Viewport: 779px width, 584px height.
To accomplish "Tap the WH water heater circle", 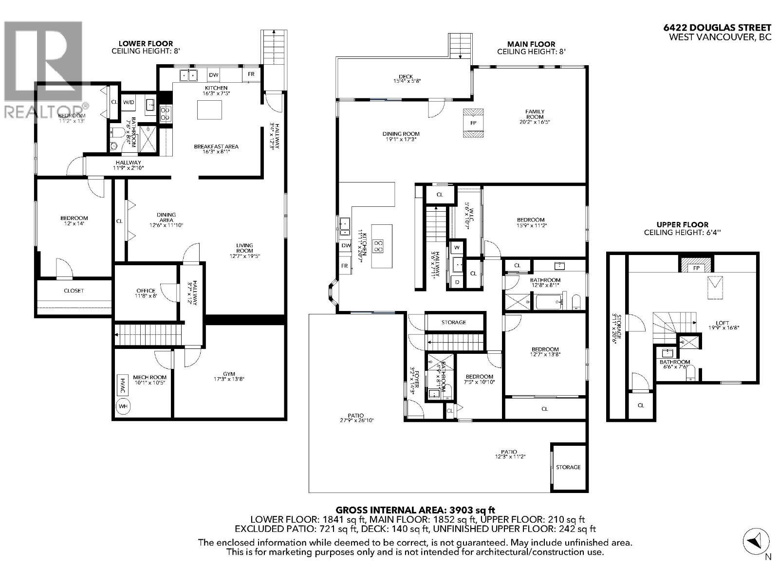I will pyautogui.click(x=123, y=406).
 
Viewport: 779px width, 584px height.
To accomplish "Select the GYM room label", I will pyautogui.click(x=229, y=374).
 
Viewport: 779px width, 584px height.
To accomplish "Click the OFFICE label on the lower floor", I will pyautogui.click(x=146, y=291).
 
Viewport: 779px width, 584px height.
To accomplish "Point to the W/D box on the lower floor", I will pyautogui.click(x=129, y=102).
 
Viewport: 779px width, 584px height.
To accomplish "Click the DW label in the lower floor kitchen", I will pyautogui.click(x=213, y=75).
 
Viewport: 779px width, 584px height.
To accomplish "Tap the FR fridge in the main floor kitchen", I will pyautogui.click(x=345, y=266).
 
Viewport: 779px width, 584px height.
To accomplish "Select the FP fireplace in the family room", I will pyautogui.click(x=473, y=123).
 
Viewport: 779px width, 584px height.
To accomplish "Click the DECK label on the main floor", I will pyautogui.click(x=406, y=76).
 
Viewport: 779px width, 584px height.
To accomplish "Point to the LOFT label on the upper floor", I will pyautogui.click(x=722, y=323).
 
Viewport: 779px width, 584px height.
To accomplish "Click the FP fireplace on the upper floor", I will pyautogui.click(x=696, y=268).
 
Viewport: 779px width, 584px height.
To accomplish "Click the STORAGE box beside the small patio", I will pyautogui.click(x=568, y=467).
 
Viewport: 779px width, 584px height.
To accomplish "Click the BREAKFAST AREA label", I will pyautogui.click(x=216, y=146).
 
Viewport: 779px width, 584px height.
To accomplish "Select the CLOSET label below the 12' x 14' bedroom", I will pyautogui.click(x=74, y=291).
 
